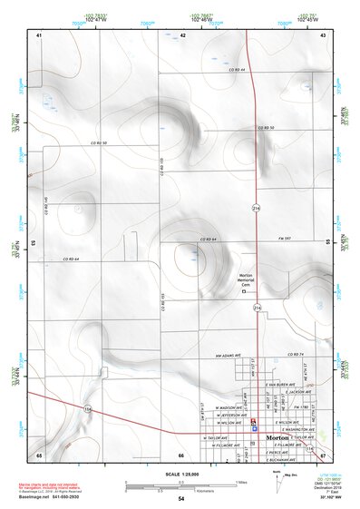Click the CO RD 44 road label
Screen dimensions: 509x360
tap(238, 69)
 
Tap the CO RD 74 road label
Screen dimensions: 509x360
tap(292, 354)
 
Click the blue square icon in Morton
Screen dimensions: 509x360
tap(255, 426)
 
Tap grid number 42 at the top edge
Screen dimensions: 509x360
tap(182, 34)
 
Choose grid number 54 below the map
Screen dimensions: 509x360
tap(180, 499)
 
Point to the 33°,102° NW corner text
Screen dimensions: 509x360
tap(332, 499)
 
